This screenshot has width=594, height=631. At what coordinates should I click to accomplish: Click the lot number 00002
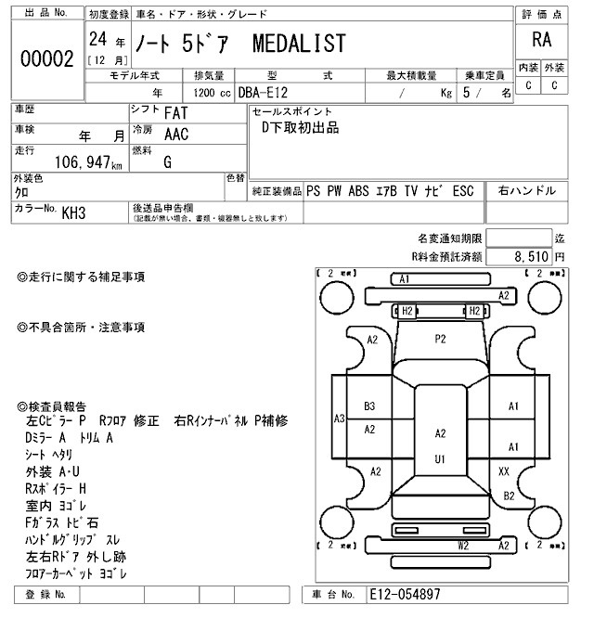tap(46, 59)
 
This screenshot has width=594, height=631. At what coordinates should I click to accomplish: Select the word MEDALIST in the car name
tap(300, 44)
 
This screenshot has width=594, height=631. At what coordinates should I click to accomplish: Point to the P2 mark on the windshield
tap(441, 340)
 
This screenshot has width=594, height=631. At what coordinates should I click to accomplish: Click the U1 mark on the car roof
tap(440, 458)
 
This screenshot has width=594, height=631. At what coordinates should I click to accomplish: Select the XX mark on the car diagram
tap(504, 471)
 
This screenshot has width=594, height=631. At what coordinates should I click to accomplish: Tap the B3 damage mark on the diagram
tap(369, 406)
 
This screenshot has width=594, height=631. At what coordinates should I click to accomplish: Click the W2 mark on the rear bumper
tap(462, 547)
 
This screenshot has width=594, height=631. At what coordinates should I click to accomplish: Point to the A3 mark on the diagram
tap(339, 419)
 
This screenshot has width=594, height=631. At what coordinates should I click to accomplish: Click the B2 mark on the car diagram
tap(509, 496)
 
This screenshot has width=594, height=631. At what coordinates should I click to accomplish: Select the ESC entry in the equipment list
tap(464, 191)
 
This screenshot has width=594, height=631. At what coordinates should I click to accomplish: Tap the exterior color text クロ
tap(21, 192)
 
